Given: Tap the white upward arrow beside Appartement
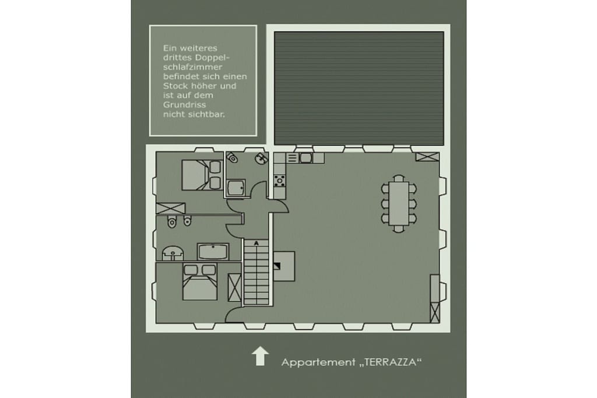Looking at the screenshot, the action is click(x=260, y=356).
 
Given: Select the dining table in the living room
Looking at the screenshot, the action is click(x=399, y=203).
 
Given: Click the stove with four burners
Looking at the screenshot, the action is click(x=279, y=181).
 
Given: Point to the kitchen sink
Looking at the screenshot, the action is click(x=305, y=158).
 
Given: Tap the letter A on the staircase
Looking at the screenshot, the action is click(x=257, y=243).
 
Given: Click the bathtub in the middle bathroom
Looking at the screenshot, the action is click(x=213, y=252).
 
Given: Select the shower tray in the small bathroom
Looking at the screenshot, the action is click(x=236, y=188).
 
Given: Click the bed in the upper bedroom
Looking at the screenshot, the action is click(x=202, y=175).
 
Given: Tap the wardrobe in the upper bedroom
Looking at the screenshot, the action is click(x=171, y=208).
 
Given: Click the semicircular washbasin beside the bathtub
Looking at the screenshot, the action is click(x=173, y=253).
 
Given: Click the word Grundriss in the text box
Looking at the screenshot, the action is click(x=185, y=105).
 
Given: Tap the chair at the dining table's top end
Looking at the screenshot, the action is click(x=399, y=178).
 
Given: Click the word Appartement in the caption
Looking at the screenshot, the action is click(x=318, y=362).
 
